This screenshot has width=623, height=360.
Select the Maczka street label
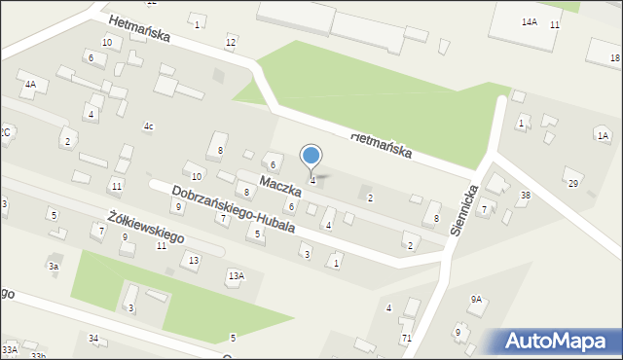click(278, 183)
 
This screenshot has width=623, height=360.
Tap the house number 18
click(615, 59)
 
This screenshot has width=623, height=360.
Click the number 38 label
click(526, 196)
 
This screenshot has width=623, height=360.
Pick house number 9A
click(476, 300)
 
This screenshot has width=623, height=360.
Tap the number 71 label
click(407, 338)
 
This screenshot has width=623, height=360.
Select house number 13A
click(236, 276)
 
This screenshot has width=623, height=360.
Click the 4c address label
click(149, 126)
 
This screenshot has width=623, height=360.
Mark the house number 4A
click(30, 85)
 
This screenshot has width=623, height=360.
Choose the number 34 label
click(93, 338)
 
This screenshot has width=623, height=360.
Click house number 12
click(231, 42)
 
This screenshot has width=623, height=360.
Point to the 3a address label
click(54, 266)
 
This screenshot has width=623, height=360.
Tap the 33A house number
click(9, 348)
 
